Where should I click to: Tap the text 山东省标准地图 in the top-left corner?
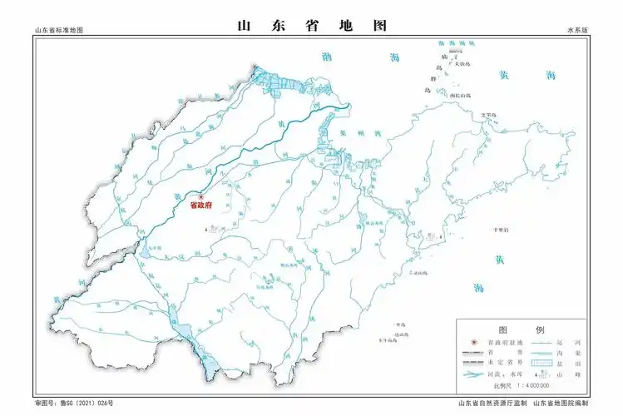coord(59,30)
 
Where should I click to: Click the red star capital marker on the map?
coord(200,196)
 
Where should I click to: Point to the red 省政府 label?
coord(201,206)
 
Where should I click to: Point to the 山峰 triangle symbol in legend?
coord(545,375)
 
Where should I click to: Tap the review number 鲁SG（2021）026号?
coord(74,404)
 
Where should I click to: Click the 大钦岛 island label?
coord(461,62)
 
